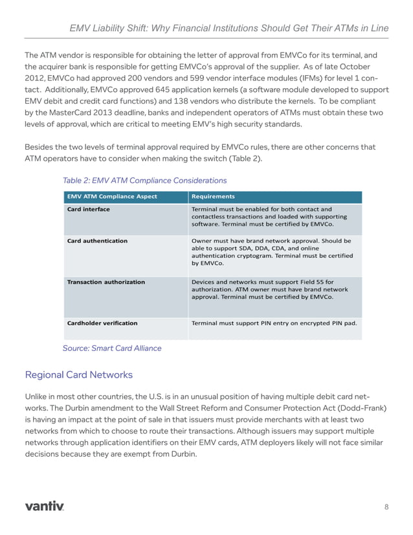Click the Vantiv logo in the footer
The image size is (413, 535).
point(44,505)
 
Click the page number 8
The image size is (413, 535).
point(386,506)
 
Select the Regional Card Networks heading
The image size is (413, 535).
point(78,374)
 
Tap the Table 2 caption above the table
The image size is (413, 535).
point(144,180)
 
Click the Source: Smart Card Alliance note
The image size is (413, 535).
point(112,348)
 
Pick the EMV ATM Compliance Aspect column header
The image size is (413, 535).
point(112,196)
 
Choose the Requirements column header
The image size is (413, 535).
point(213,196)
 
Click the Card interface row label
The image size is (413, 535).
point(89,209)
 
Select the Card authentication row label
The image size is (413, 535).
point(97,240)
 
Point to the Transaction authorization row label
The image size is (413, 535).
point(106,282)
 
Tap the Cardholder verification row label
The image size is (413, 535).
point(102,323)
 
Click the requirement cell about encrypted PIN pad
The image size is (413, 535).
point(274,323)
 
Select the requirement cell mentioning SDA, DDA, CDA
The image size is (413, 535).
point(272,252)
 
